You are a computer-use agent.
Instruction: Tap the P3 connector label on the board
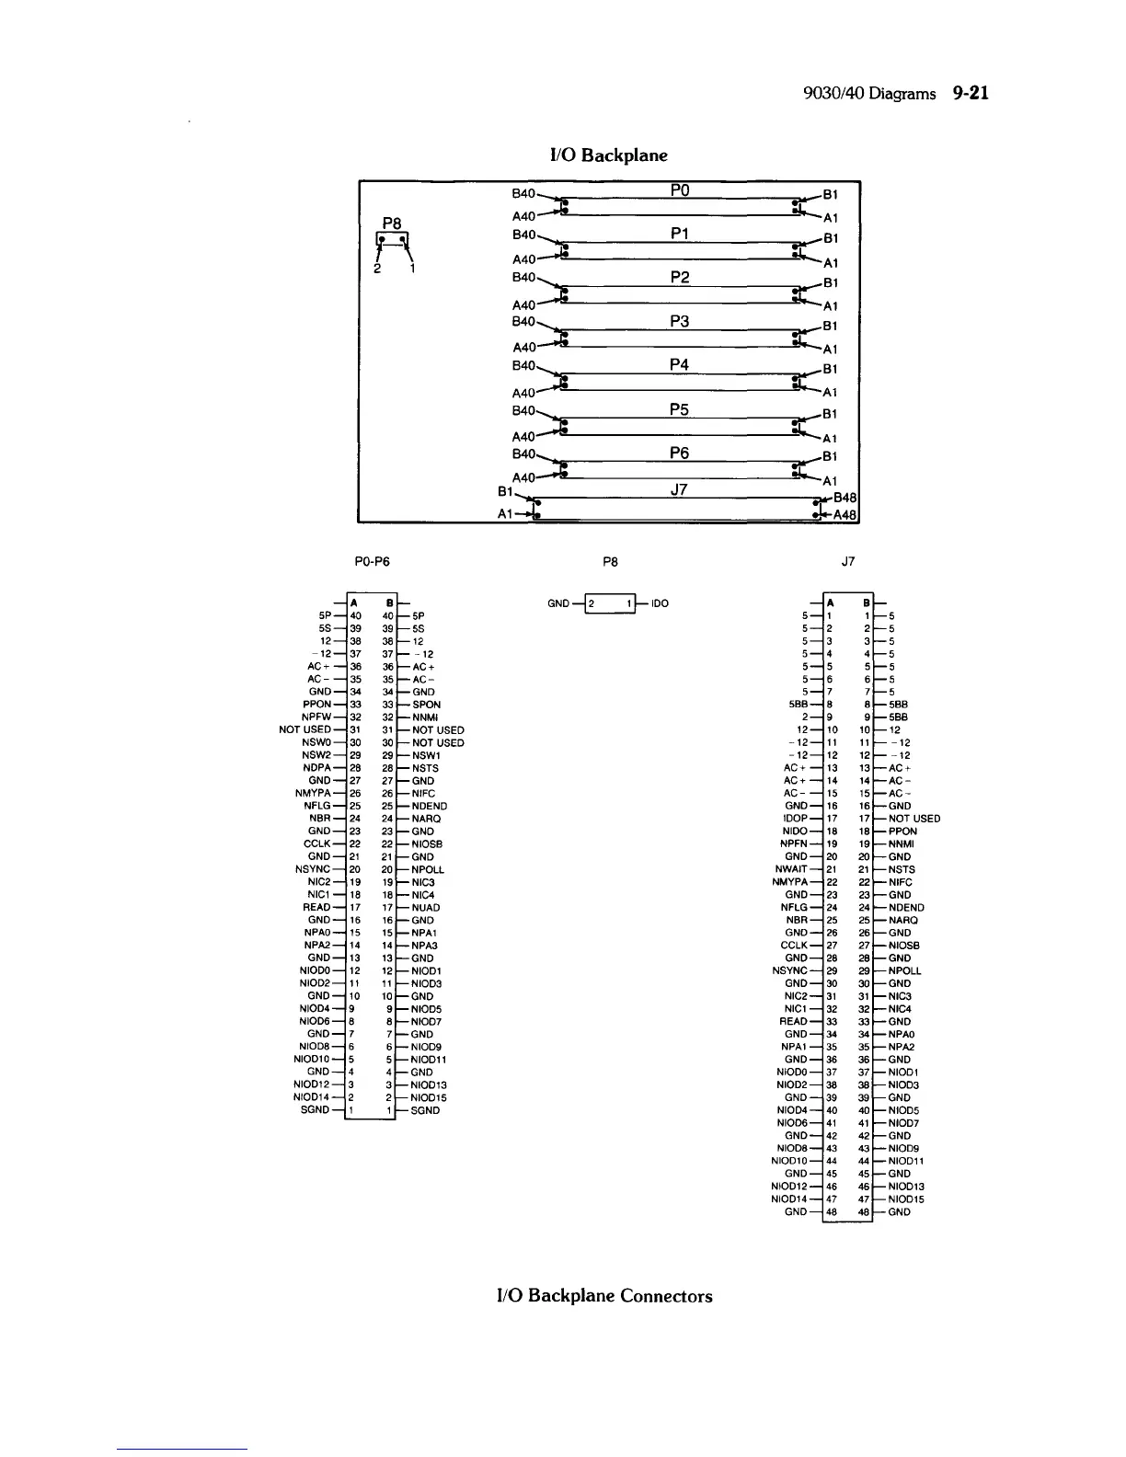point(680,321)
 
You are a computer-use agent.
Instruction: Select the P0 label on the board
point(680,190)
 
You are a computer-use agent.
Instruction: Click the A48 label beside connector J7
point(845,516)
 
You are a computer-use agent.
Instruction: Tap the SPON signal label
point(426,705)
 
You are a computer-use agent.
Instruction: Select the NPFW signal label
point(316,717)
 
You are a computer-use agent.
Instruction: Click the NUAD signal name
point(425,908)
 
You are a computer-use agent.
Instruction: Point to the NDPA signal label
point(316,768)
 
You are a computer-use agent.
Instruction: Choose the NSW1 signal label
point(426,755)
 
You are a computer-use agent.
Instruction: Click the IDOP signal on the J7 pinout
point(795,819)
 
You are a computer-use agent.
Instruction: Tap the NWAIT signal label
point(792,869)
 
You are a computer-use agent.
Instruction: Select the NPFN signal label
point(794,843)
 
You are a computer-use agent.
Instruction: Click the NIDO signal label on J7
point(795,832)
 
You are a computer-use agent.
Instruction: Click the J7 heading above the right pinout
point(848,560)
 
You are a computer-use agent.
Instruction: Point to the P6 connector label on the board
point(680,453)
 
